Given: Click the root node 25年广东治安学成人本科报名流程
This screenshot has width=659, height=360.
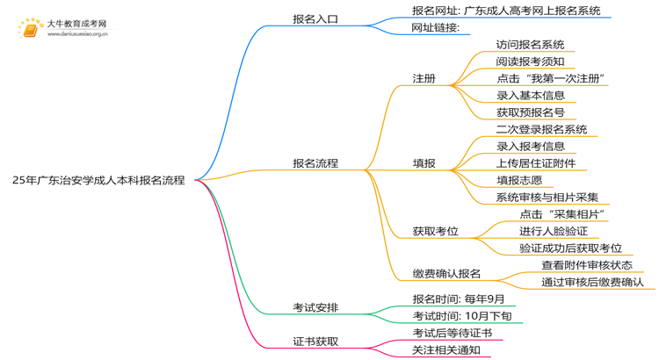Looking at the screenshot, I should pos(98,180).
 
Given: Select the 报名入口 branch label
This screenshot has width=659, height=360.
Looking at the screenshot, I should pos(315,18).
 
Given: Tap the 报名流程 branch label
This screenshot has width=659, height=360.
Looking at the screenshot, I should pos(315,163).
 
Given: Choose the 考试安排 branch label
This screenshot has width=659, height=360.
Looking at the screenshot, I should pos(315,307).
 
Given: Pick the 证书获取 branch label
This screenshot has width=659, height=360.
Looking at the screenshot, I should pos(315,342).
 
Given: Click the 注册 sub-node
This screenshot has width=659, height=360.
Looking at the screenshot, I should pos(424,78).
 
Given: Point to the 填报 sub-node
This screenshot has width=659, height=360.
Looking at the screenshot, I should pos(424,163).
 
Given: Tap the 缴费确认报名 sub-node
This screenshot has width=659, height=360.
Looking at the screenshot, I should pos(446,274).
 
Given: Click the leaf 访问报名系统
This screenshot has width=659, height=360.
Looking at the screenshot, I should pos(530,45).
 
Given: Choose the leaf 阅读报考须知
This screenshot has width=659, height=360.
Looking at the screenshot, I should pos(530,61).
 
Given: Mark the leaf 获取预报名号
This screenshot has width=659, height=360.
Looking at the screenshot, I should pos(530,112).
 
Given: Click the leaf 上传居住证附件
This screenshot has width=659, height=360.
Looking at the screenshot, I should pos(536,163).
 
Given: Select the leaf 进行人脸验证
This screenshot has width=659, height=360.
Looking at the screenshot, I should pos(553,231).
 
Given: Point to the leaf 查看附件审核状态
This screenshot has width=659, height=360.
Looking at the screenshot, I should pos(587,265).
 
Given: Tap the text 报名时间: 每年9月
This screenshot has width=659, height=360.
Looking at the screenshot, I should pos(459,299).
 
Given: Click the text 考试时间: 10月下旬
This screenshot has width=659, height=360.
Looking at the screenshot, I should pos(461,316).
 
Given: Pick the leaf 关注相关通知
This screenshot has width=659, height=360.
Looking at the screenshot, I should pos(446,350).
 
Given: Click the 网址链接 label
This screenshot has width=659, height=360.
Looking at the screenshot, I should pos(436,28).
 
